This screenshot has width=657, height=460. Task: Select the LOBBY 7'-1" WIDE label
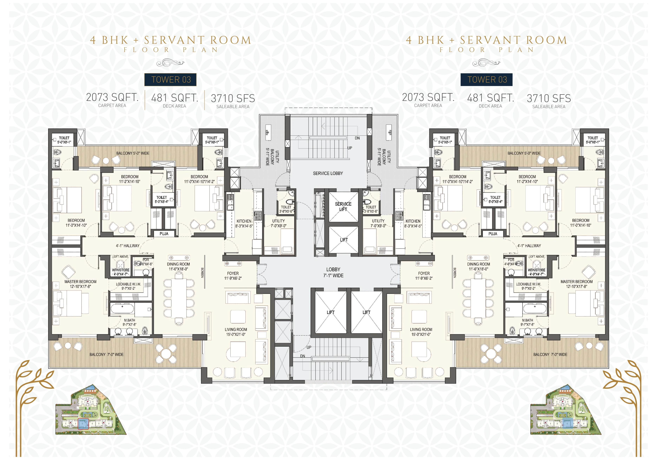(x=333, y=272)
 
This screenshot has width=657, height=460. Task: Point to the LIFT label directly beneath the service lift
(x=344, y=240)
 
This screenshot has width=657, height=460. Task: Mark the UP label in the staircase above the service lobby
(x=350, y=148)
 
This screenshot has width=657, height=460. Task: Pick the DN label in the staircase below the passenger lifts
(x=303, y=356)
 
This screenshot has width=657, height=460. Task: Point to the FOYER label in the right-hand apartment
(x=424, y=273)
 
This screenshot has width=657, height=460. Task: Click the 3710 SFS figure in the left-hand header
(x=233, y=98)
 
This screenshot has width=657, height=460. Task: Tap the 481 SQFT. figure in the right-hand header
(x=490, y=98)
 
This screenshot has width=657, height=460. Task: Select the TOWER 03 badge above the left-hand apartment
(x=170, y=80)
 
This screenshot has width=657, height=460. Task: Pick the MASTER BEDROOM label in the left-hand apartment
(x=80, y=282)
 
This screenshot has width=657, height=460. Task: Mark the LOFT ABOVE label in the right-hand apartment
(x=537, y=257)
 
